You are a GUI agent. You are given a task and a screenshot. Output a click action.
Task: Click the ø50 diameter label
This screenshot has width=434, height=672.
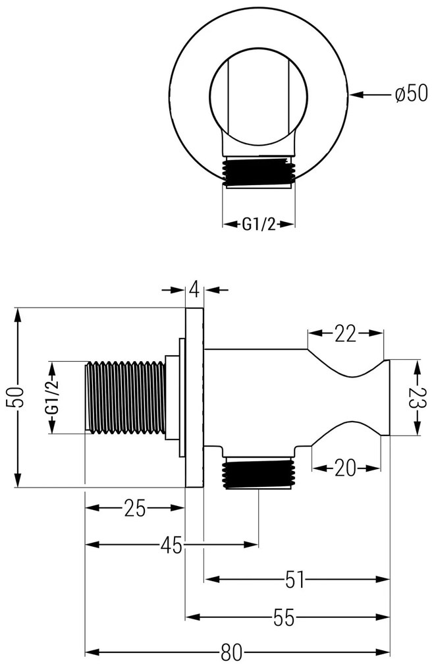[411, 95]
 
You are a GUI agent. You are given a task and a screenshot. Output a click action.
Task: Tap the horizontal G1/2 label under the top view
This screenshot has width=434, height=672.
[258, 225]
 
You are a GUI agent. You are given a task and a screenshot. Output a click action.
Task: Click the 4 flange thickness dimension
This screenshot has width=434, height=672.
[194, 289]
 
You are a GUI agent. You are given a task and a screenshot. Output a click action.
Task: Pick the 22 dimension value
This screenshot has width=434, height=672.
[344, 334]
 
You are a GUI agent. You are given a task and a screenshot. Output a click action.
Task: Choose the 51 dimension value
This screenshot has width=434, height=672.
[295, 580]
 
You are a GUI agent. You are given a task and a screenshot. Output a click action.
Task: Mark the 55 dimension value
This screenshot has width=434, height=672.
[285, 617]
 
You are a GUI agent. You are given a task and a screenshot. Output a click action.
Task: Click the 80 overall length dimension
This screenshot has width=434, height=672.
[231, 652]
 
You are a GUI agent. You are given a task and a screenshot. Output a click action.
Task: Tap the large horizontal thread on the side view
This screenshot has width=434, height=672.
[125, 397]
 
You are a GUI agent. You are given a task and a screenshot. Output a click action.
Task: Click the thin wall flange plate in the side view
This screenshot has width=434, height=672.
[194, 397]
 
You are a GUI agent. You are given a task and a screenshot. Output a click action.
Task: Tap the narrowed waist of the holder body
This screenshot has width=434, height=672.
[349, 397]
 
